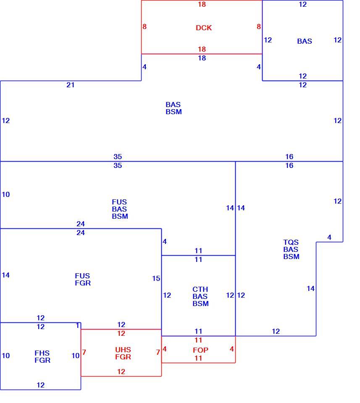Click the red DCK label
click(204, 28)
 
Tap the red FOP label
click(200, 350)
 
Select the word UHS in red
click(123, 350)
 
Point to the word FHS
click(42, 353)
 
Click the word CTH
click(200, 289)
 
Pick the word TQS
click(291, 242)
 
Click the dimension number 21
click(71, 85)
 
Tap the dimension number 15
click(156, 278)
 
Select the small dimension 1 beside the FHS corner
click(78, 326)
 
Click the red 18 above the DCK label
click(202, 4)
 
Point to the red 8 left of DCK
click(145, 26)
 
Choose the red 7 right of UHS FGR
click(158, 352)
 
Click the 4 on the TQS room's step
click(329, 238)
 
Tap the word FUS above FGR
click(82, 276)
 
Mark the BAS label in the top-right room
click(305, 42)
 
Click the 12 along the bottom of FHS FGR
click(41, 385)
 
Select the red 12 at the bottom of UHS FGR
click(121, 372)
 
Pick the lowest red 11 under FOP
click(198, 358)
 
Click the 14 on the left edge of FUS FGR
click(5, 275)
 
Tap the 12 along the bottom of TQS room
click(276, 331)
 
